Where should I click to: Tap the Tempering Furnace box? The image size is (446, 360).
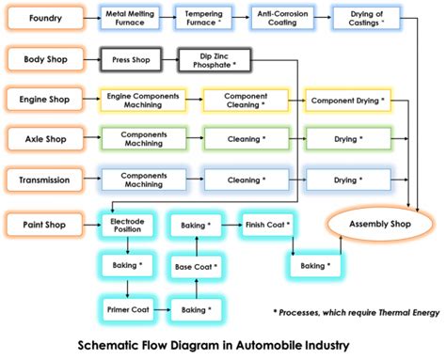(x=204, y=19)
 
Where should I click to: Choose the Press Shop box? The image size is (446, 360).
(x=132, y=60)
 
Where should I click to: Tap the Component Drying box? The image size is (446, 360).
(x=346, y=100)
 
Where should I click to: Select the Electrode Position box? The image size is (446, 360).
(x=127, y=226)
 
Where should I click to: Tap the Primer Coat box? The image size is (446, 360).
(x=127, y=308)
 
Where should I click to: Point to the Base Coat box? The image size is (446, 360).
(x=196, y=267)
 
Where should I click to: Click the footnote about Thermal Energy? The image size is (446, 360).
(x=355, y=311)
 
